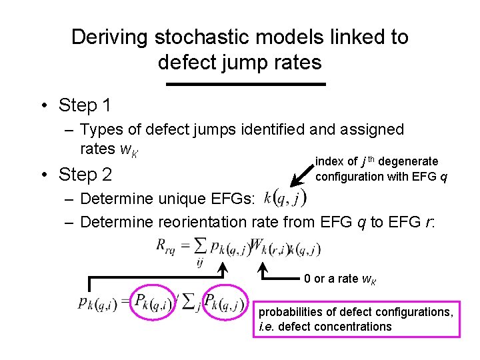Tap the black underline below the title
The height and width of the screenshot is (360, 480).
pos(245,84)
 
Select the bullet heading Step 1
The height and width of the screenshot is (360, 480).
pos(85,105)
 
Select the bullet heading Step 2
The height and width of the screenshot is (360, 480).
pos(85,175)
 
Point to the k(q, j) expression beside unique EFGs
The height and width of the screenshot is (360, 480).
pos(285,197)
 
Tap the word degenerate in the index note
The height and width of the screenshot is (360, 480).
pos(409,161)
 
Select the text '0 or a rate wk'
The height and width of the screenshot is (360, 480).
pos(339,278)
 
